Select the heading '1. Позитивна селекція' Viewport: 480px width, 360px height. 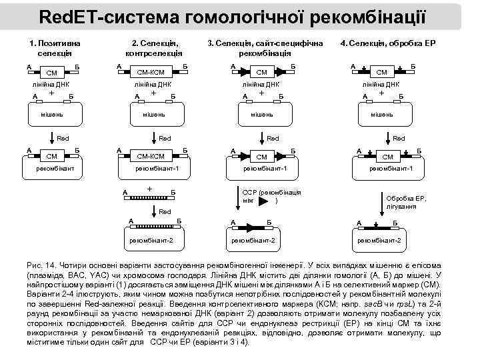[x=51, y=47]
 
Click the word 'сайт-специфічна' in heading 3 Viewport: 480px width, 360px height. [x=294, y=43]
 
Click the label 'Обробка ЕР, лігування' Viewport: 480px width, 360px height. [x=404, y=202]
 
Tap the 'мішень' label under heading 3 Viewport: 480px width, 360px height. [x=261, y=114]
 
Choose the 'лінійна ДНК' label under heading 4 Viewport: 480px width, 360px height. [x=381, y=85]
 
